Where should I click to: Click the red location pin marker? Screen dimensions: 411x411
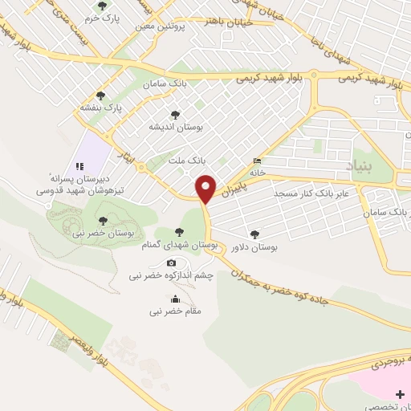pyautogui.click(x=207, y=189)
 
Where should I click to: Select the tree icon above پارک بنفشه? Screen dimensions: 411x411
pyautogui.click(x=100, y=95)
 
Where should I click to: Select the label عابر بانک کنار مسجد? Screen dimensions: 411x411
pyautogui.click(x=309, y=194)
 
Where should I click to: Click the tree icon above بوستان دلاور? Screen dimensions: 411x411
pyautogui.click(x=254, y=234)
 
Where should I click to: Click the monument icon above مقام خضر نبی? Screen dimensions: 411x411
pyautogui.click(x=176, y=299)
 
